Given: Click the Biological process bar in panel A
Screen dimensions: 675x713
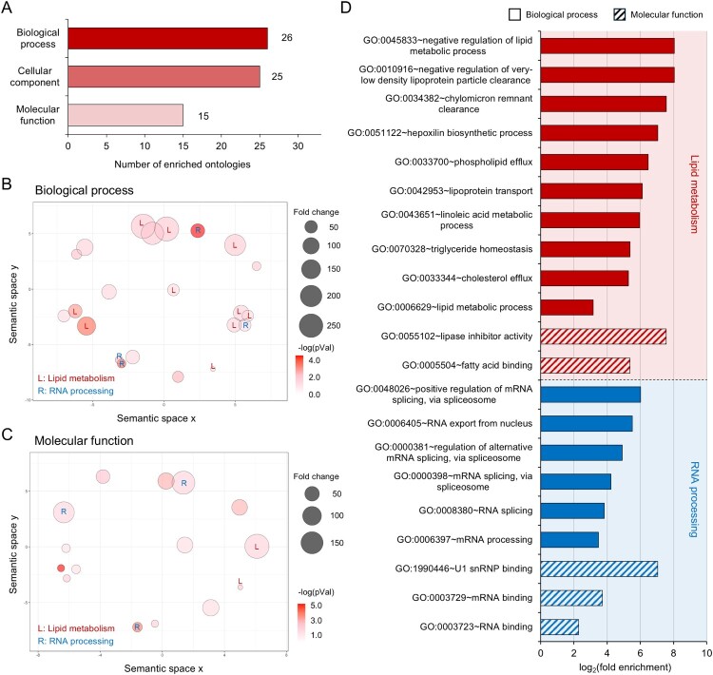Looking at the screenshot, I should click(167, 37).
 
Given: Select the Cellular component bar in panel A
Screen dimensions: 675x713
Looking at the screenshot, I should click(164, 76).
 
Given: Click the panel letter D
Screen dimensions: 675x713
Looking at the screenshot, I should click(372, 9).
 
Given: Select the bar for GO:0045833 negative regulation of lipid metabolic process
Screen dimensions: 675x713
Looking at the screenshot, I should click(607, 46).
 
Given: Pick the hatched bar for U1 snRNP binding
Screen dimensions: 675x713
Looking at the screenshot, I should click(599, 569).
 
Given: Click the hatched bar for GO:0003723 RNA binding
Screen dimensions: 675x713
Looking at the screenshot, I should click(559, 627).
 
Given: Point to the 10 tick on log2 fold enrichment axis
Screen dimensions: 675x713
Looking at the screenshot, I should click(705, 653).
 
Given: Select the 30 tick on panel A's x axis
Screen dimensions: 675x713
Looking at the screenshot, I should click(299, 149).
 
